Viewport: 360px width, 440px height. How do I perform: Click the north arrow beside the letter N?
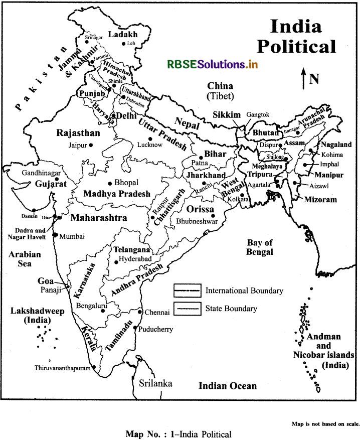coord(303,80)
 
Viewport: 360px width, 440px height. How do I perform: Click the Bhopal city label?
coord(126,183)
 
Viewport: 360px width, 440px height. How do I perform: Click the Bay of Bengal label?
coord(259,247)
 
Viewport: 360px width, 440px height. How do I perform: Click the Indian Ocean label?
coord(228,386)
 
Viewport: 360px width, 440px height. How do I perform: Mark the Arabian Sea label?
coord(25,259)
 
